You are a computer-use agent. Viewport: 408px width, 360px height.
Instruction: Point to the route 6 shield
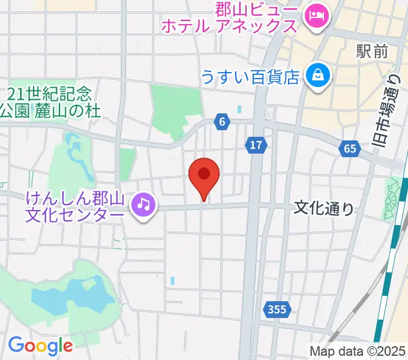[222, 122]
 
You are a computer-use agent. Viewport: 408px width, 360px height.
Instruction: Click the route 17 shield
[256, 145]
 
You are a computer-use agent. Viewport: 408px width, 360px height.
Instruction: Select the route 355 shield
[276, 310]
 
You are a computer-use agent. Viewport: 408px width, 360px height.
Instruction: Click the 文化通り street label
[324, 208]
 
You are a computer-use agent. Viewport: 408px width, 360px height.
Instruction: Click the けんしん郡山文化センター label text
[75, 206]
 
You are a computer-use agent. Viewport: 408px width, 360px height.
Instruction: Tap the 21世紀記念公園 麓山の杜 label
[50, 102]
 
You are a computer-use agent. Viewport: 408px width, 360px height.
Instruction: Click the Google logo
[40, 345]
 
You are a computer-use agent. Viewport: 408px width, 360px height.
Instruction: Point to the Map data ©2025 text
[357, 351]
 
